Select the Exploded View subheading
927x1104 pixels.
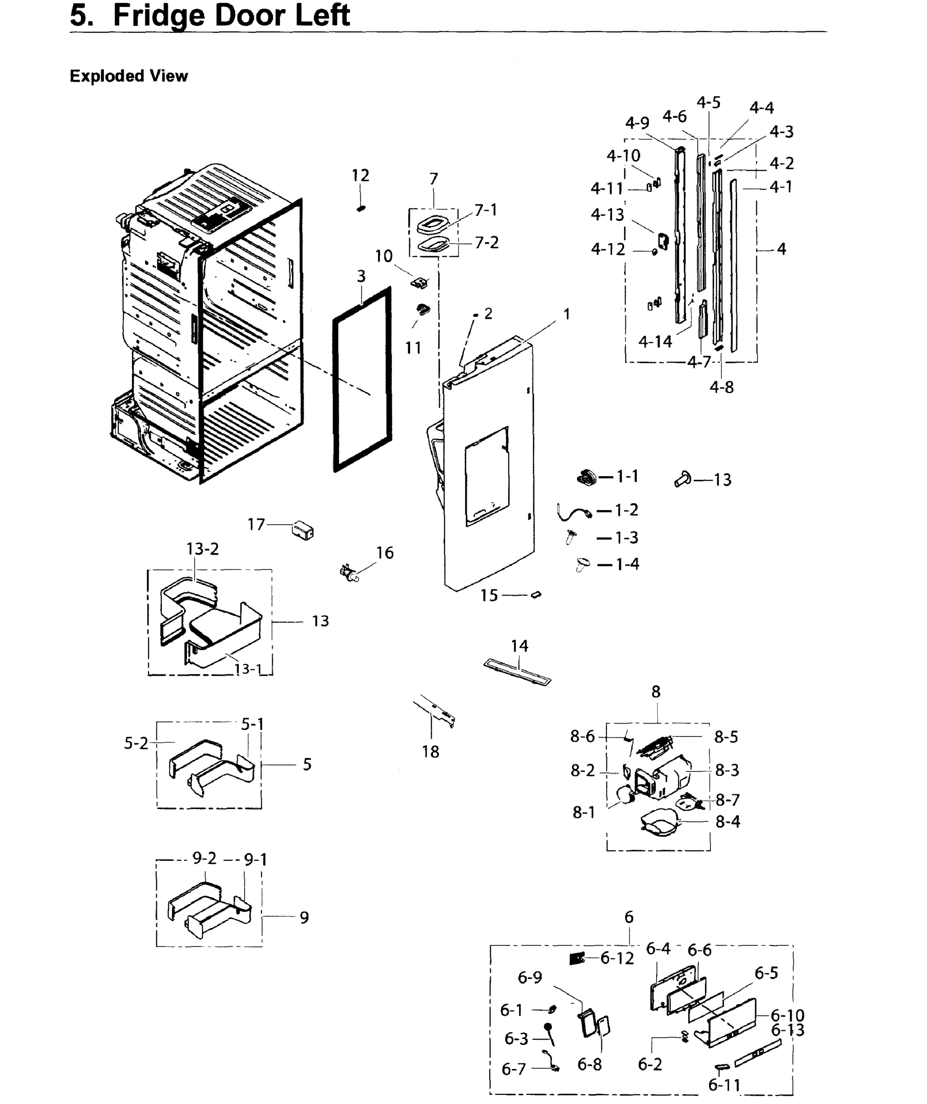(x=128, y=76)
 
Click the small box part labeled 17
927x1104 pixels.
(x=303, y=530)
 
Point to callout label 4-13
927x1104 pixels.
(x=607, y=214)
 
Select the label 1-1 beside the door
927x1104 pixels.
(x=627, y=476)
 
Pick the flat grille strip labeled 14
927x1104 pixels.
(x=517, y=673)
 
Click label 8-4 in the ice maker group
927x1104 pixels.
(x=727, y=822)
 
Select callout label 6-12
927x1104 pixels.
(x=617, y=958)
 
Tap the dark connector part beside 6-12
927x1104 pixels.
(x=577, y=958)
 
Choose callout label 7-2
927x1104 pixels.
(x=486, y=242)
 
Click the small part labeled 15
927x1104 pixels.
(x=536, y=595)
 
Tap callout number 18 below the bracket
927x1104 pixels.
(x=430, y=752)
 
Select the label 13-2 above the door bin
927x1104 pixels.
(x=202, y=549)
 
